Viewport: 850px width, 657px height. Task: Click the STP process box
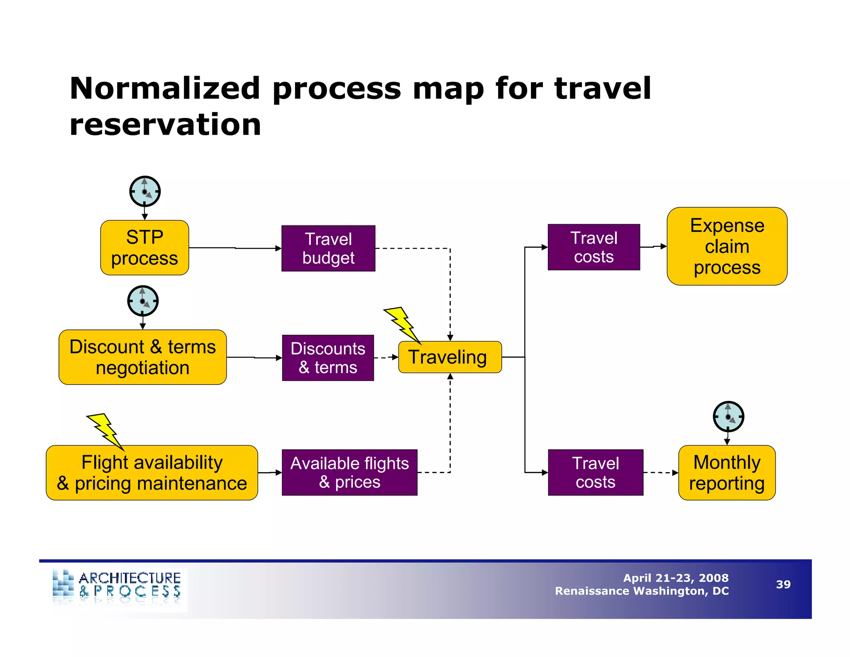coord(144,248)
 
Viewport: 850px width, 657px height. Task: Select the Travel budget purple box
coord(328,248)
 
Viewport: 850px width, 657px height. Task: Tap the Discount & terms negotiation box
coord(142,357)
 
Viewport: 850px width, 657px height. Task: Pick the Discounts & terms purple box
coord(328,358)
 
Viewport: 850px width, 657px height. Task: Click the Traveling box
coord(449,357)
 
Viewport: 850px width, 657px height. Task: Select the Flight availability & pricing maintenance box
coord(152,473)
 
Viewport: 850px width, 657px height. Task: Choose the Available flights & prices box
coord(349,473)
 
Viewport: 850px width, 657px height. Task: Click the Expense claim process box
coord(727,246)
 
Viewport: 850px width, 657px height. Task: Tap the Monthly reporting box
coord(727,473)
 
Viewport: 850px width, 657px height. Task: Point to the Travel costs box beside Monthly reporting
coord(595,473)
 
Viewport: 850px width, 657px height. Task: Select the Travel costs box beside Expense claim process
coord(594,247)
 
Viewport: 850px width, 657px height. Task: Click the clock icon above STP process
coord(145,191)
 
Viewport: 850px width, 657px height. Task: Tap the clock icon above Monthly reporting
coord(728,417)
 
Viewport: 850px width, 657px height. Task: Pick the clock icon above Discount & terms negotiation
coord(143,301)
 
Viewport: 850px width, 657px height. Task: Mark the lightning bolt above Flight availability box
coord(105,431)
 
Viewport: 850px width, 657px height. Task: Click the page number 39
coord(783,584)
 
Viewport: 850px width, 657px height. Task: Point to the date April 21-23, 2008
coord(676,578)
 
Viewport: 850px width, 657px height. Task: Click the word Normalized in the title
coord(165,88)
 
